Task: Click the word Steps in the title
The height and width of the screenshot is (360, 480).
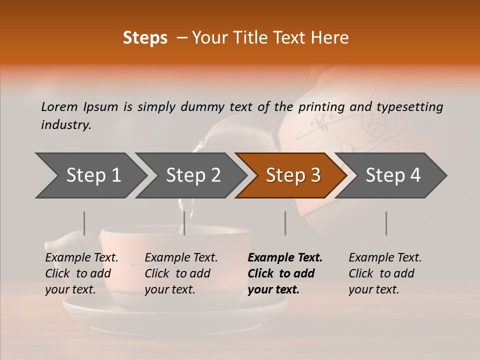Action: point(145,38)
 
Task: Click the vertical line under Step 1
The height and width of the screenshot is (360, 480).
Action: point(84,223)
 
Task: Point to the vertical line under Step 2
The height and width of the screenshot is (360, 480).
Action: point(184,223)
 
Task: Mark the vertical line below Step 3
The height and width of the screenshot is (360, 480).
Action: point(285,223)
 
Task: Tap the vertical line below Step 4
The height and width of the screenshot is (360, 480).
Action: point(386,223)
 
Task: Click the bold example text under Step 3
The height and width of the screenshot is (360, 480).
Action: point(285,273)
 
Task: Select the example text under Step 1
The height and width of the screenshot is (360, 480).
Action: point(81,273)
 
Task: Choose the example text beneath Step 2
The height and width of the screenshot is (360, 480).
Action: point(181,273)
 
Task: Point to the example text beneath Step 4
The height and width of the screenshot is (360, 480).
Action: point(385,273)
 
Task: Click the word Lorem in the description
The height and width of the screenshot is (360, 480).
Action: point(59,106)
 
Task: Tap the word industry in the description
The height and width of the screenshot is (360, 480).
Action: point(66,125)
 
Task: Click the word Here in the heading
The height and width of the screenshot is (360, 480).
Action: point(330,38)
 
